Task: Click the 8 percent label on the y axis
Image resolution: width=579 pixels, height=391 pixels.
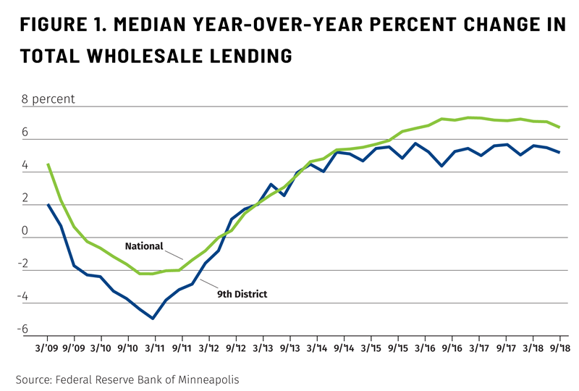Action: (48, 99)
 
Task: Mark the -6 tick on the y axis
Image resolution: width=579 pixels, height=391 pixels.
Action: (24, 330)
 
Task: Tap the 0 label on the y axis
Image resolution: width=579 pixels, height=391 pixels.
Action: (27, 232)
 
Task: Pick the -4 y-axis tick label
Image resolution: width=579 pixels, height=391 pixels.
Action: (24, 297)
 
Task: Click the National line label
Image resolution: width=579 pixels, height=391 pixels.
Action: (144, 246)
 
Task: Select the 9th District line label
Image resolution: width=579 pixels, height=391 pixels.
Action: (242, 294)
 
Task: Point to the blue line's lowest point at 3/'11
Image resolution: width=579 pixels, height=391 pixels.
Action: (153, 319)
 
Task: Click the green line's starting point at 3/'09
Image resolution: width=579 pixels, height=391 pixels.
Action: (48, 164)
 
